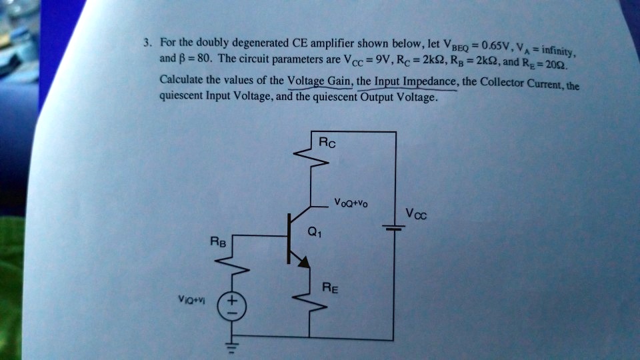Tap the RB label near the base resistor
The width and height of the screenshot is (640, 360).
click(219, 243)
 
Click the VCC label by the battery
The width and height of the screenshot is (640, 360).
click(415, 215)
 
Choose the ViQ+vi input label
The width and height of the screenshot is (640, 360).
click(191, 301)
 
